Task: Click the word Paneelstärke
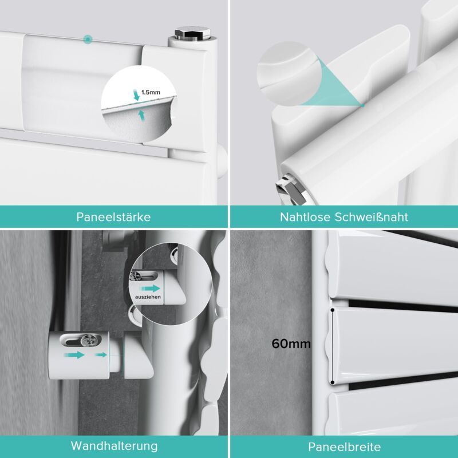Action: [113, 217]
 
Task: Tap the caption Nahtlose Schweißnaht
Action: [344, 217]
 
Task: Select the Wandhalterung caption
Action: [114, 447]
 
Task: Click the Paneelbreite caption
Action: [345, 447]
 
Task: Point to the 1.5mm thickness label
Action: [151, 92]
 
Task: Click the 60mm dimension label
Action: [291, 343]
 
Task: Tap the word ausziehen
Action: [148, 297]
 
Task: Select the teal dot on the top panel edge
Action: [88, 39]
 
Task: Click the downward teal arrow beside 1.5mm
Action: [136, 95]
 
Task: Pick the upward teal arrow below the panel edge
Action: [141, 115]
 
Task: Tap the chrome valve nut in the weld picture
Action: [290, 188]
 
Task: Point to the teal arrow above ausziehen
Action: [150, 289]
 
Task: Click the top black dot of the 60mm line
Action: [333, 309]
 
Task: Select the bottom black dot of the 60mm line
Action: [333, 382]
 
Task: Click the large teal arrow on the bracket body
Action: [74, 355]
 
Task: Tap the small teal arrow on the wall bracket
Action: [101, 355]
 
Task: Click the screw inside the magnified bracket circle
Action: [136, 275]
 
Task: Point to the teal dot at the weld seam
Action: [362, 105]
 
